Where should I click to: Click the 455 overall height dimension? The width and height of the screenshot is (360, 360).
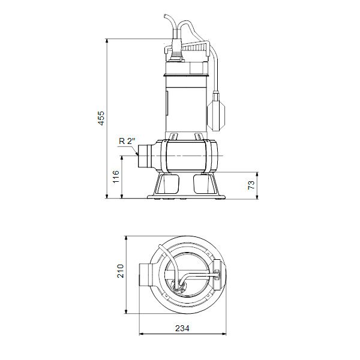[101, 118]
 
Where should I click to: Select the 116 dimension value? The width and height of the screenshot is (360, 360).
[116, 176]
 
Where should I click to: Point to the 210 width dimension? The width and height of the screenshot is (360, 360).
[120, 273]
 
